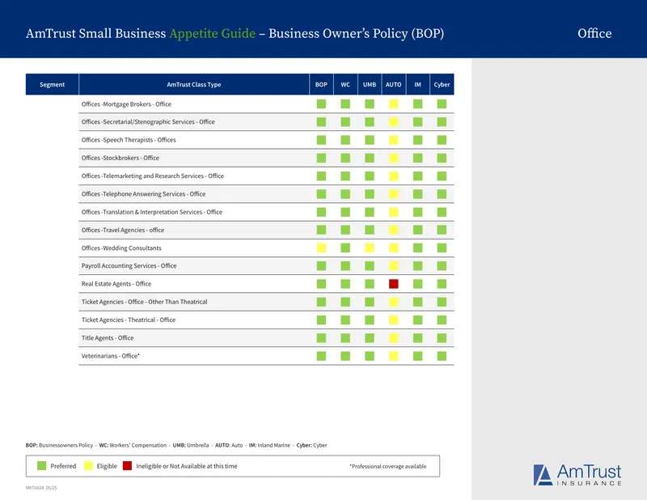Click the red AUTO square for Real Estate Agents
[x=394, y=284]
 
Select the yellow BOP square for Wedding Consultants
[x=321, y=248]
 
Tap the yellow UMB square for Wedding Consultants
[x=370, y=248]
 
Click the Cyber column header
[x=442, y=85]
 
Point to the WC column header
[x=345, y=85]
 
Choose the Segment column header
[x=52, y=85]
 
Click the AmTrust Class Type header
[x=194, y=85]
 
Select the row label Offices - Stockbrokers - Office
[x=120, y=158]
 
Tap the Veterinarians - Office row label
[x=111, y=356]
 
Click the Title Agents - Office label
[x=108, y=337]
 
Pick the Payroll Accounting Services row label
[x=129, y=266]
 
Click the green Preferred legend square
[x=42, y=466]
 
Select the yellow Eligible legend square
[x=88, y=466]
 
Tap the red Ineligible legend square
[x=127, y=466]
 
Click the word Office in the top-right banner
[x=594, y=33]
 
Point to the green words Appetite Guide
[x=213, y=33]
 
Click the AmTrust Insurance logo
[x=577, y=475]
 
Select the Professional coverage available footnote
[x=388, y=466]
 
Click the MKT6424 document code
[x=41, y=488]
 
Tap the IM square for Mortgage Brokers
[x=417, y=104]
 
